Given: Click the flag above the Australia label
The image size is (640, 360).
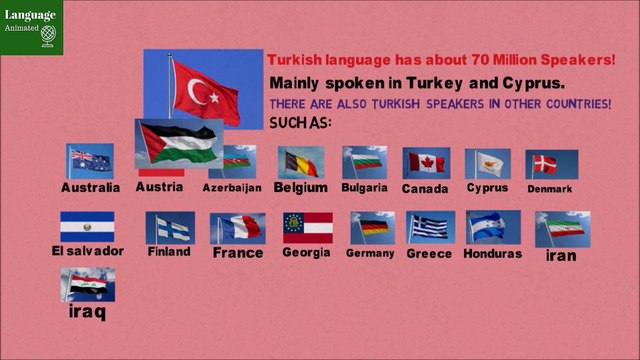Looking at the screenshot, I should [x=89, y=161].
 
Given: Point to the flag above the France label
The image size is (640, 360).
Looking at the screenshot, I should [x=237, y=228].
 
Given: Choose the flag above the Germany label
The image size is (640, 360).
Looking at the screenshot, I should [x=369, y=228].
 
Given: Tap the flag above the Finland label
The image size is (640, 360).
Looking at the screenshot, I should [x=169, y=228].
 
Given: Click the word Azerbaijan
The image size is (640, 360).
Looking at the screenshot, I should [x=232, y=188].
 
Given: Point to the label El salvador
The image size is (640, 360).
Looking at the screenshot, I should [x=88, y=251].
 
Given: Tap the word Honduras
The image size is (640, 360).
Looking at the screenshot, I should [x=492, y=254].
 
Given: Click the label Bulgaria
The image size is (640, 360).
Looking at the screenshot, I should [x=364, y=188].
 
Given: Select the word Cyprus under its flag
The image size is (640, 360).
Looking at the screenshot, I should [x=488, y=188].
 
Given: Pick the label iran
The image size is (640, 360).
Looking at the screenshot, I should [x=561, y=255].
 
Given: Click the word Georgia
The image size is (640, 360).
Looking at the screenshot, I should [x=305, y=252].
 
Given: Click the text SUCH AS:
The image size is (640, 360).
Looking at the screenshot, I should [x=300, y=123].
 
